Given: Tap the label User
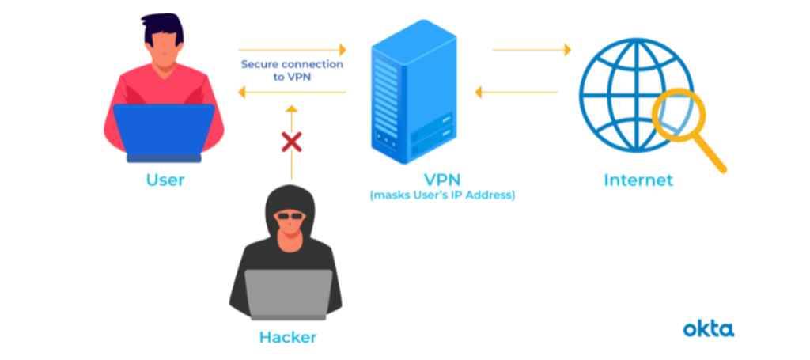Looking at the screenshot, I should (x=165, y=180).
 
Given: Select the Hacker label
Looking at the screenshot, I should (x=287, y=337).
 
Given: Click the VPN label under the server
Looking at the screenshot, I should (x=441, y=178).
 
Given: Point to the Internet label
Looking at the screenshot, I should (x=638, y=180).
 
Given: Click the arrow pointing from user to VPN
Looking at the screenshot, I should (x=292, y=50).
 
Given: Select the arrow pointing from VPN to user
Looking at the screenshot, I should (x=292, y=93).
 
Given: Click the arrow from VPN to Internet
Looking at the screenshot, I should (x=532, y=50).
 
